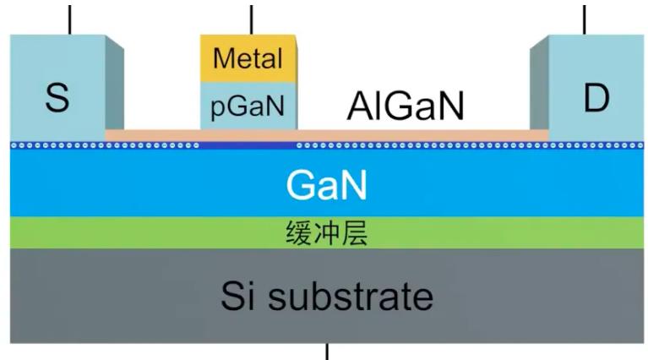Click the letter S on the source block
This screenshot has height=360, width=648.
[x=57, y=99]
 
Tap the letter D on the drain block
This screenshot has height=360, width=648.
[x=596, y=99]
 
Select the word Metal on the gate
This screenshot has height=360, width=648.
[x=248, y=59]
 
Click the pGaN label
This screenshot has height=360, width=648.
[x=248, y=107]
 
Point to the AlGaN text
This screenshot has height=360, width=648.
[x=406, y=107]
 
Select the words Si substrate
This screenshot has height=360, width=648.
[x=326, y=296]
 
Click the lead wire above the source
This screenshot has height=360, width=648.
[x=70, y=17]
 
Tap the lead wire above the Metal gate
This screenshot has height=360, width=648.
[x=252, y=17]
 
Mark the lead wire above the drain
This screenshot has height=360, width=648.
[x=585, y=17]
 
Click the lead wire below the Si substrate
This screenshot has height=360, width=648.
[x=327, y=351]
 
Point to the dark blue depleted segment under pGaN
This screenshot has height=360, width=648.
[x=248, y=145]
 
